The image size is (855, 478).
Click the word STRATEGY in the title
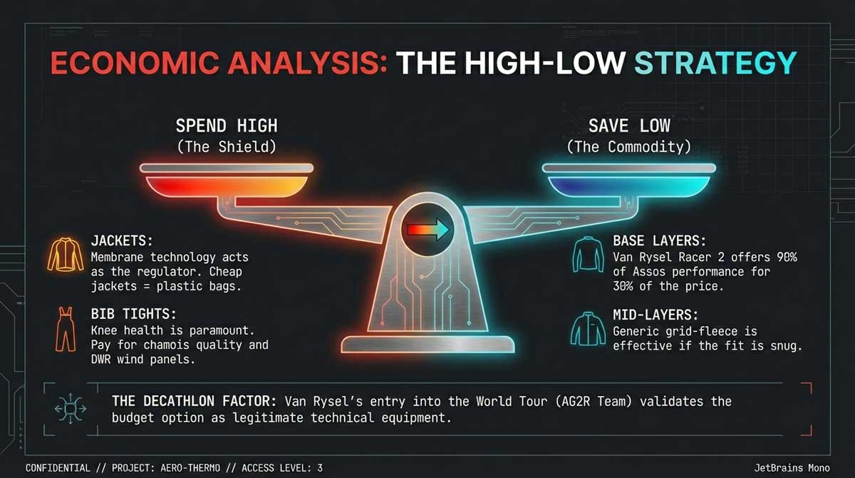click(715, 63)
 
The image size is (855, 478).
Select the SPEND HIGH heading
click(227, 126)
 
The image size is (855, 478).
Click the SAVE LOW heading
click(629, 126)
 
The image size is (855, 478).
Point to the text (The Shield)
click(227, 147)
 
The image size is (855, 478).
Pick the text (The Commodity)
click(629, 147)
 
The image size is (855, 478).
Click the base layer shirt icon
click(588, 255)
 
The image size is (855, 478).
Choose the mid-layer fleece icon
click(588, 329)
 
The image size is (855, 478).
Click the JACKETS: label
click(122, 241)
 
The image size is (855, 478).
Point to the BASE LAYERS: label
click(659, 241)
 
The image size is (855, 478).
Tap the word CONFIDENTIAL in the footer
click(58, 468)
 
